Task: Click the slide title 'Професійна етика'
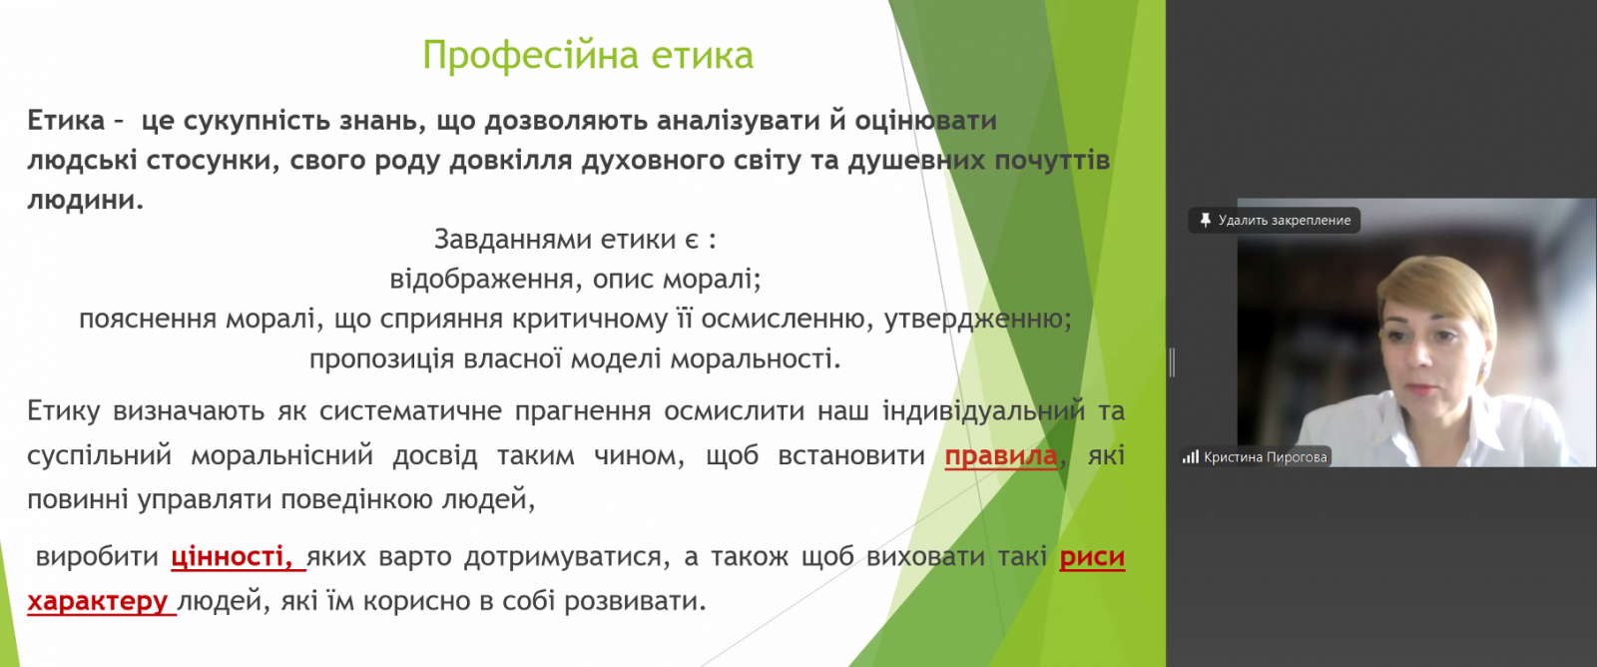coord(588,56)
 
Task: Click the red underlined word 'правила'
coord(1001,455)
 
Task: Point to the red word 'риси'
coord(1092,557)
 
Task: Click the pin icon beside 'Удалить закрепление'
coord(1205,220)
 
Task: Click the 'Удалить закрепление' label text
coord(1285,221)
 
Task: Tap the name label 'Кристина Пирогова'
coord(1266,457)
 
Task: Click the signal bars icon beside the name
coord(1191,456)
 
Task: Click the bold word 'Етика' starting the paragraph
coord(66,121)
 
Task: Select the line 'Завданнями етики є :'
coord(575,240)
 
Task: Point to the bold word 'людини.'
coord(86,200)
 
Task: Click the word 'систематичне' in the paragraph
coord(410,411)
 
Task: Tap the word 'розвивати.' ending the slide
coord(635,601)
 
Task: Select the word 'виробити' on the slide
coord(97,557)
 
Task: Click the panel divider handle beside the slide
coord(1172,362)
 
